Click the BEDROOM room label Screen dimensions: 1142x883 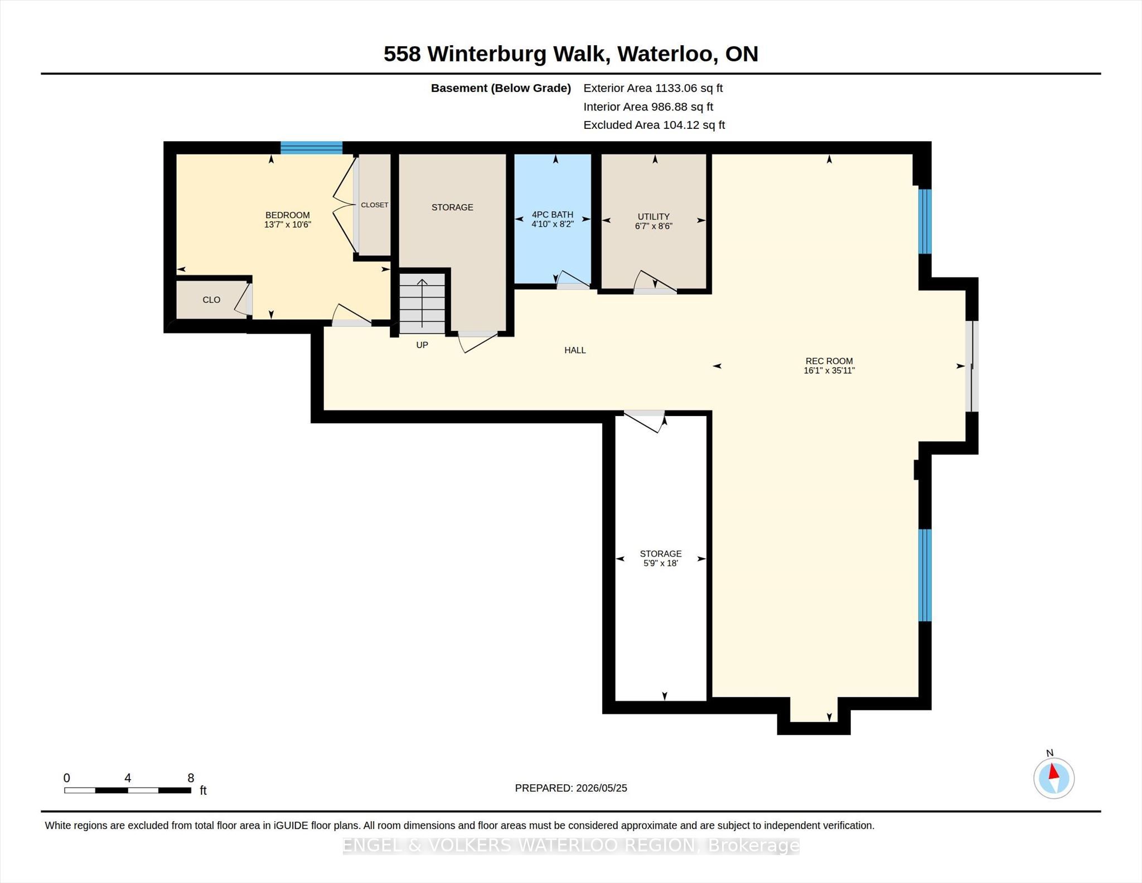point(287,215)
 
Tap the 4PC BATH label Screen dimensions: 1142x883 point(552,215)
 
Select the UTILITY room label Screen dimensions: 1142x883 point(654,216)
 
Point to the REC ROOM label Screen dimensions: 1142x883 point(829,361)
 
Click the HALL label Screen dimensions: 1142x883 point(575,350)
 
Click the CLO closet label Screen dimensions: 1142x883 point(211,300)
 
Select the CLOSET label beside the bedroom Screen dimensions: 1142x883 point(375,205)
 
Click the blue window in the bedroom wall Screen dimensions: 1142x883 point(311,148)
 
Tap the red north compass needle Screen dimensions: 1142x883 point(1053,772)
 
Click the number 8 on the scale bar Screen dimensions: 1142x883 point(191,778)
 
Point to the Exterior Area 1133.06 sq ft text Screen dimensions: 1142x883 point(653,88)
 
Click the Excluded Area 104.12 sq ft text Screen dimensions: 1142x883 point(654,125)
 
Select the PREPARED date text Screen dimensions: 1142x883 point(571,788)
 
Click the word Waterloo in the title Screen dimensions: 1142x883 point(665,54)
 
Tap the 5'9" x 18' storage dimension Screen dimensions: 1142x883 point(661,563)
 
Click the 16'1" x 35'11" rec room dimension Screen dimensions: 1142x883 point(829,370)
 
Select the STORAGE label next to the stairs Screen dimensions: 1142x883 point(452,208)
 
